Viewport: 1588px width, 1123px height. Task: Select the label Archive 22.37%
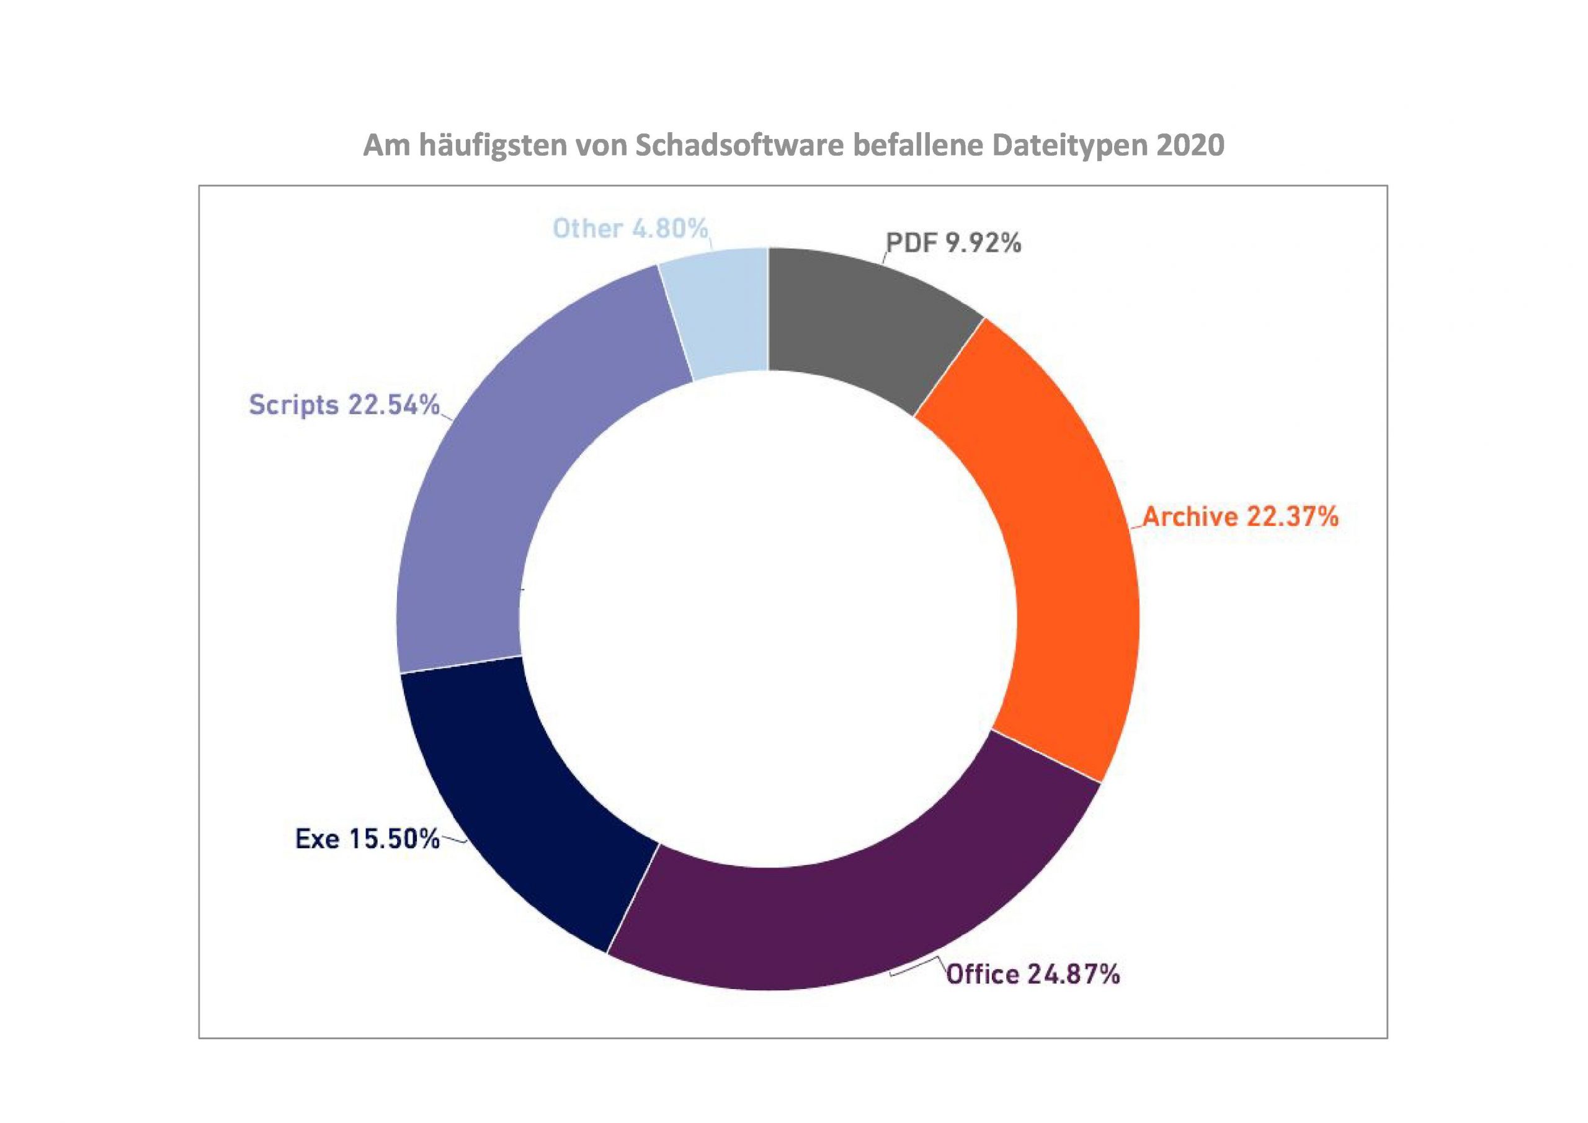coord(1240,517)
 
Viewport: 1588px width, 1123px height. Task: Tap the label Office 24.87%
coord(1033,974)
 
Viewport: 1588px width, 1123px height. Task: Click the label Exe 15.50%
coord(367,839)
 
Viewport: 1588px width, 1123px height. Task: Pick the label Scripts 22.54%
coord(344,404)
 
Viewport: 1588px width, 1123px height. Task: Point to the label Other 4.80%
coord(630,228)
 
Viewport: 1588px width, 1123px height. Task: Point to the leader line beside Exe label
coord(453,841)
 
